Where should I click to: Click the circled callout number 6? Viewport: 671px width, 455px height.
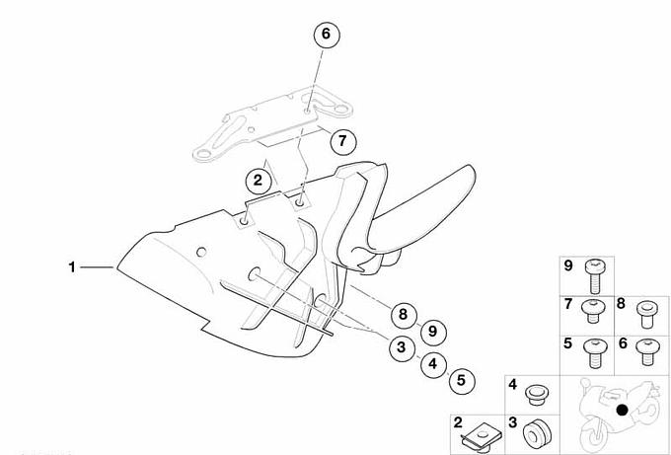[326, 34]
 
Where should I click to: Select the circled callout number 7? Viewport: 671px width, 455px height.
[342, 141]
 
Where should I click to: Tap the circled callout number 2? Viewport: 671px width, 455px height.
[259, 181]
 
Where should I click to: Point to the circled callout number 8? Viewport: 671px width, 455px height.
[404, 315]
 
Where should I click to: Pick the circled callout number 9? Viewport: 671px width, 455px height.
[433, 332]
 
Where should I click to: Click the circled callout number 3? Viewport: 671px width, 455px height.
[402, 347]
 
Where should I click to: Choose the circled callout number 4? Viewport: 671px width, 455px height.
[433, 364]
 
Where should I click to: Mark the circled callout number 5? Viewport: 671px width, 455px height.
[462, 381]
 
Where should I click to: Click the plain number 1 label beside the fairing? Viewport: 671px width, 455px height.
[72, 267]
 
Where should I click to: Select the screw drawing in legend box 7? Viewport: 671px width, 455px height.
[593, 311]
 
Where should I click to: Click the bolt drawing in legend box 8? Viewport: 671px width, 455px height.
[646, 314]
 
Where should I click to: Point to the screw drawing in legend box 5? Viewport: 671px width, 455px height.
[595, 353]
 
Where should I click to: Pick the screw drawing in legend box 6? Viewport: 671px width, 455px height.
[647, 351]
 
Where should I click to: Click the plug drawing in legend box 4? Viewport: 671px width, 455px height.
[537, 395]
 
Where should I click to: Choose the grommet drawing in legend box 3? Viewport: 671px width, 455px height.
[537, 433]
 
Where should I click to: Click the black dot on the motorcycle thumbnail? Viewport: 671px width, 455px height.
[623, 410]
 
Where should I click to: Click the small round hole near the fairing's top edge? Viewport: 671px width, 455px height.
[201, 252]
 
